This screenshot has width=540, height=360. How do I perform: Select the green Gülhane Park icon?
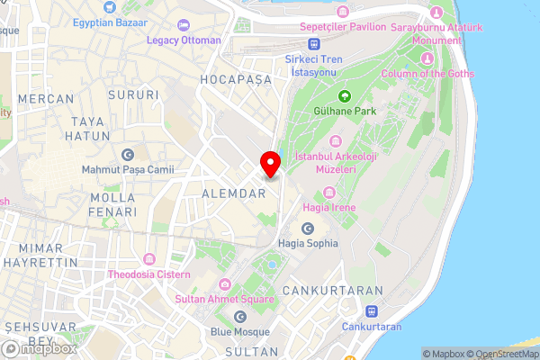tap(344, 95)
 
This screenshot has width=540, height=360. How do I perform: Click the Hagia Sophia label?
tap(309, 243)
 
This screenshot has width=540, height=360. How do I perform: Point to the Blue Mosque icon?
tap(239, 316)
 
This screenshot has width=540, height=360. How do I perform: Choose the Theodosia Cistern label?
tap(149, 274)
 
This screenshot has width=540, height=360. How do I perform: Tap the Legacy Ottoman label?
tap(184, 40)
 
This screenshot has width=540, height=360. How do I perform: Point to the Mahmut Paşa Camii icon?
tap(126, 155)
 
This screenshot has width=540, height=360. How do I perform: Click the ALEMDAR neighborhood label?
tap(233, 193)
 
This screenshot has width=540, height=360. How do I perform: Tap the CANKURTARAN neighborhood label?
tap(332, 291)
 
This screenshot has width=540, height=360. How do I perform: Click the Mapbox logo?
tap(39, 348)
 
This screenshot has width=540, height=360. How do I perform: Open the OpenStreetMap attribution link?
tap(500, 354)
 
